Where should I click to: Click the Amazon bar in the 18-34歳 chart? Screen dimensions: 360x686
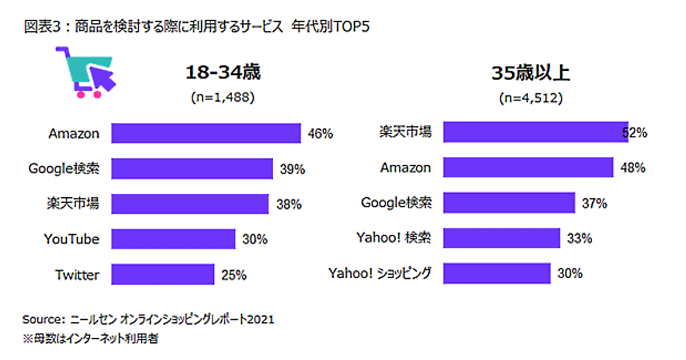pyautogui.click(x=206, y=134)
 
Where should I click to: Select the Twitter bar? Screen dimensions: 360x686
pyautogui.click(x=163, y=274)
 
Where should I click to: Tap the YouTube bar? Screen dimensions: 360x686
pyautogui.click(x=173, y=239)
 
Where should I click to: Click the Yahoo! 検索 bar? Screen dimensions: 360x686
pyautogui.click(x=502, y=238)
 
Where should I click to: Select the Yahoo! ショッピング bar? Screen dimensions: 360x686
pyautogui.click(x=497, y=273)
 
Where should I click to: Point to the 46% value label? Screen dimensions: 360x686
pyautogui.click(x=321, y=134)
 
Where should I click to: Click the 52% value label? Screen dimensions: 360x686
pyautogui.click(x=635, y=133)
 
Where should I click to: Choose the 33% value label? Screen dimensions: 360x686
pyautogui.click(x=579, y=238)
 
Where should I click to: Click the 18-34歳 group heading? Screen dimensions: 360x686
pyautogui.click(x=222, y=74)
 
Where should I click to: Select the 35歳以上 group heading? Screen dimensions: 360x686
pyautogui.click(x=531, y=74)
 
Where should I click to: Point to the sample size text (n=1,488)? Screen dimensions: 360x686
pyautogui.click(x=222, y=98)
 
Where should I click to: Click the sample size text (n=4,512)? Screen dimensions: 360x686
pyautogui.click(x=531, y=98)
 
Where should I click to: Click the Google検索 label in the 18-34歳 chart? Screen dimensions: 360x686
pyautogui.click(x=64, y=169)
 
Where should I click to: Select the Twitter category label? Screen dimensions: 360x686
pyautogui.click(x=77, y=275)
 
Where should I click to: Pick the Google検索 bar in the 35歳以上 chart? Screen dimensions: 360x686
pyautogui.click(x=509, y=202)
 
